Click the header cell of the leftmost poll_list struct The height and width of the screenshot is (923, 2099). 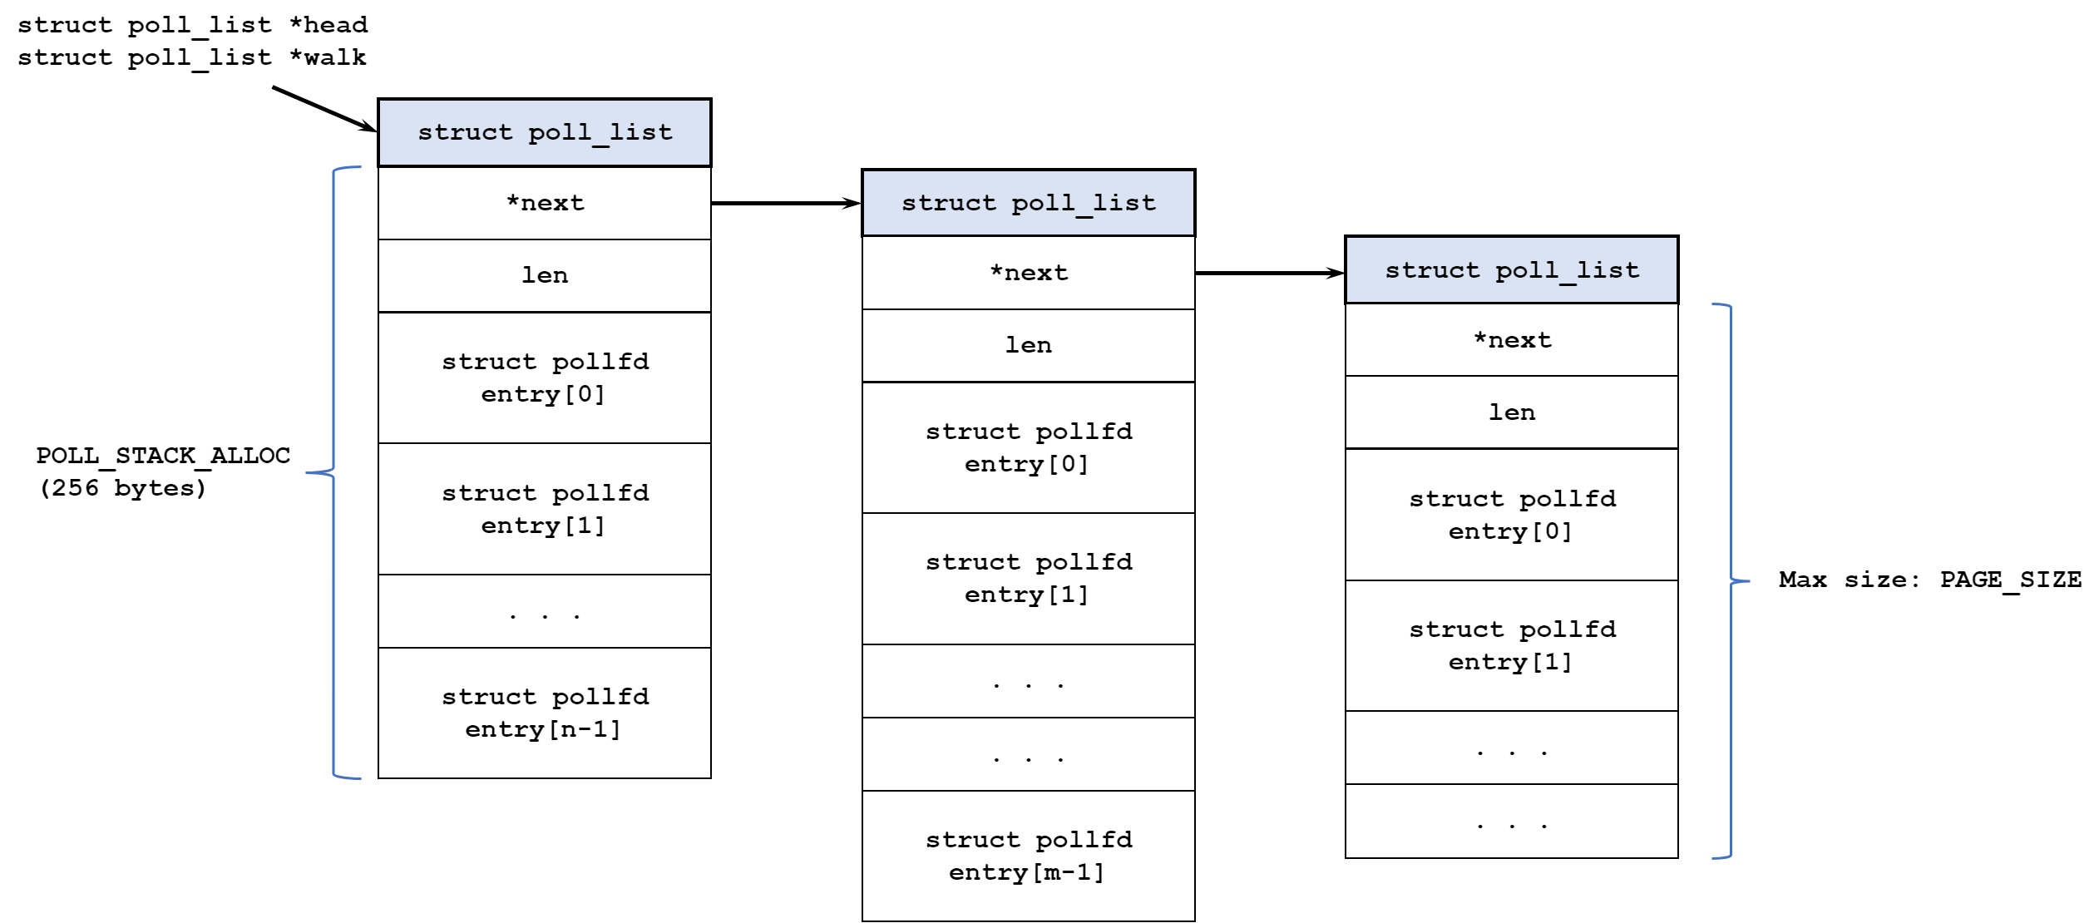pyautogui.click(x=545, y=133)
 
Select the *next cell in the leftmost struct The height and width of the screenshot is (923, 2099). pyautogui.click(x=545, y=204)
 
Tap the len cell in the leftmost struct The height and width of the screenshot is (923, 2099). pyautogui.click(x=545, y=276)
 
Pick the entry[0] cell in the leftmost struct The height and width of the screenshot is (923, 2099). pyautogui.click(x=545, y=378)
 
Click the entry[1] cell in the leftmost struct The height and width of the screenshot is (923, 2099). pyautogui.click(x=545, y=509)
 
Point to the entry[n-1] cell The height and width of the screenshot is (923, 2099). pyautogui.click(x=545, y=713)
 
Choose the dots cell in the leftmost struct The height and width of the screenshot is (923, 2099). pyautogui.click(x=545, y=611)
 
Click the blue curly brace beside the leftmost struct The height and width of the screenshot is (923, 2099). pyautogui.click(x=333, y=472)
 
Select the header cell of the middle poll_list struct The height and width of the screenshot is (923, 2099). pyautogui.click(x=1029, y=203)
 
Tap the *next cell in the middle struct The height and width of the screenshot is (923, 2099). pyautogui.click(x=1029, y=273)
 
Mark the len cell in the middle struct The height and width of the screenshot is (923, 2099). pyautogui.click(x=1029, y=346)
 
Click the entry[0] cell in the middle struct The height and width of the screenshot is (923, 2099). pyautogui.click(x=1029, y=447)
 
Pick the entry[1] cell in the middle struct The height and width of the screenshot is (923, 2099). pyautogui.click(x=1029, y=579)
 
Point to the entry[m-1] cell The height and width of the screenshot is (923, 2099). pyautogui.click(x=1029, y=856)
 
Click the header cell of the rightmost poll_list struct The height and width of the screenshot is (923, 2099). pyautogui.click(x=1512, y=270)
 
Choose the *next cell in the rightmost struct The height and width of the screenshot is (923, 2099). pyautogui.click(x=1512, y=340)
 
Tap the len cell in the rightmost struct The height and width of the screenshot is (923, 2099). pyautogui.click(x=1512, y=412)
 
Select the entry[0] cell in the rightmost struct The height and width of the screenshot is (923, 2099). pyautogui.click(x=1512, y=515)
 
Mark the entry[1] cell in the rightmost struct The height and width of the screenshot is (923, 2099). pyautogui.click(x=1512, y=645)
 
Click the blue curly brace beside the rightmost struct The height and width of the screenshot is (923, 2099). pyautogui.click(x=1731, y=580)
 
